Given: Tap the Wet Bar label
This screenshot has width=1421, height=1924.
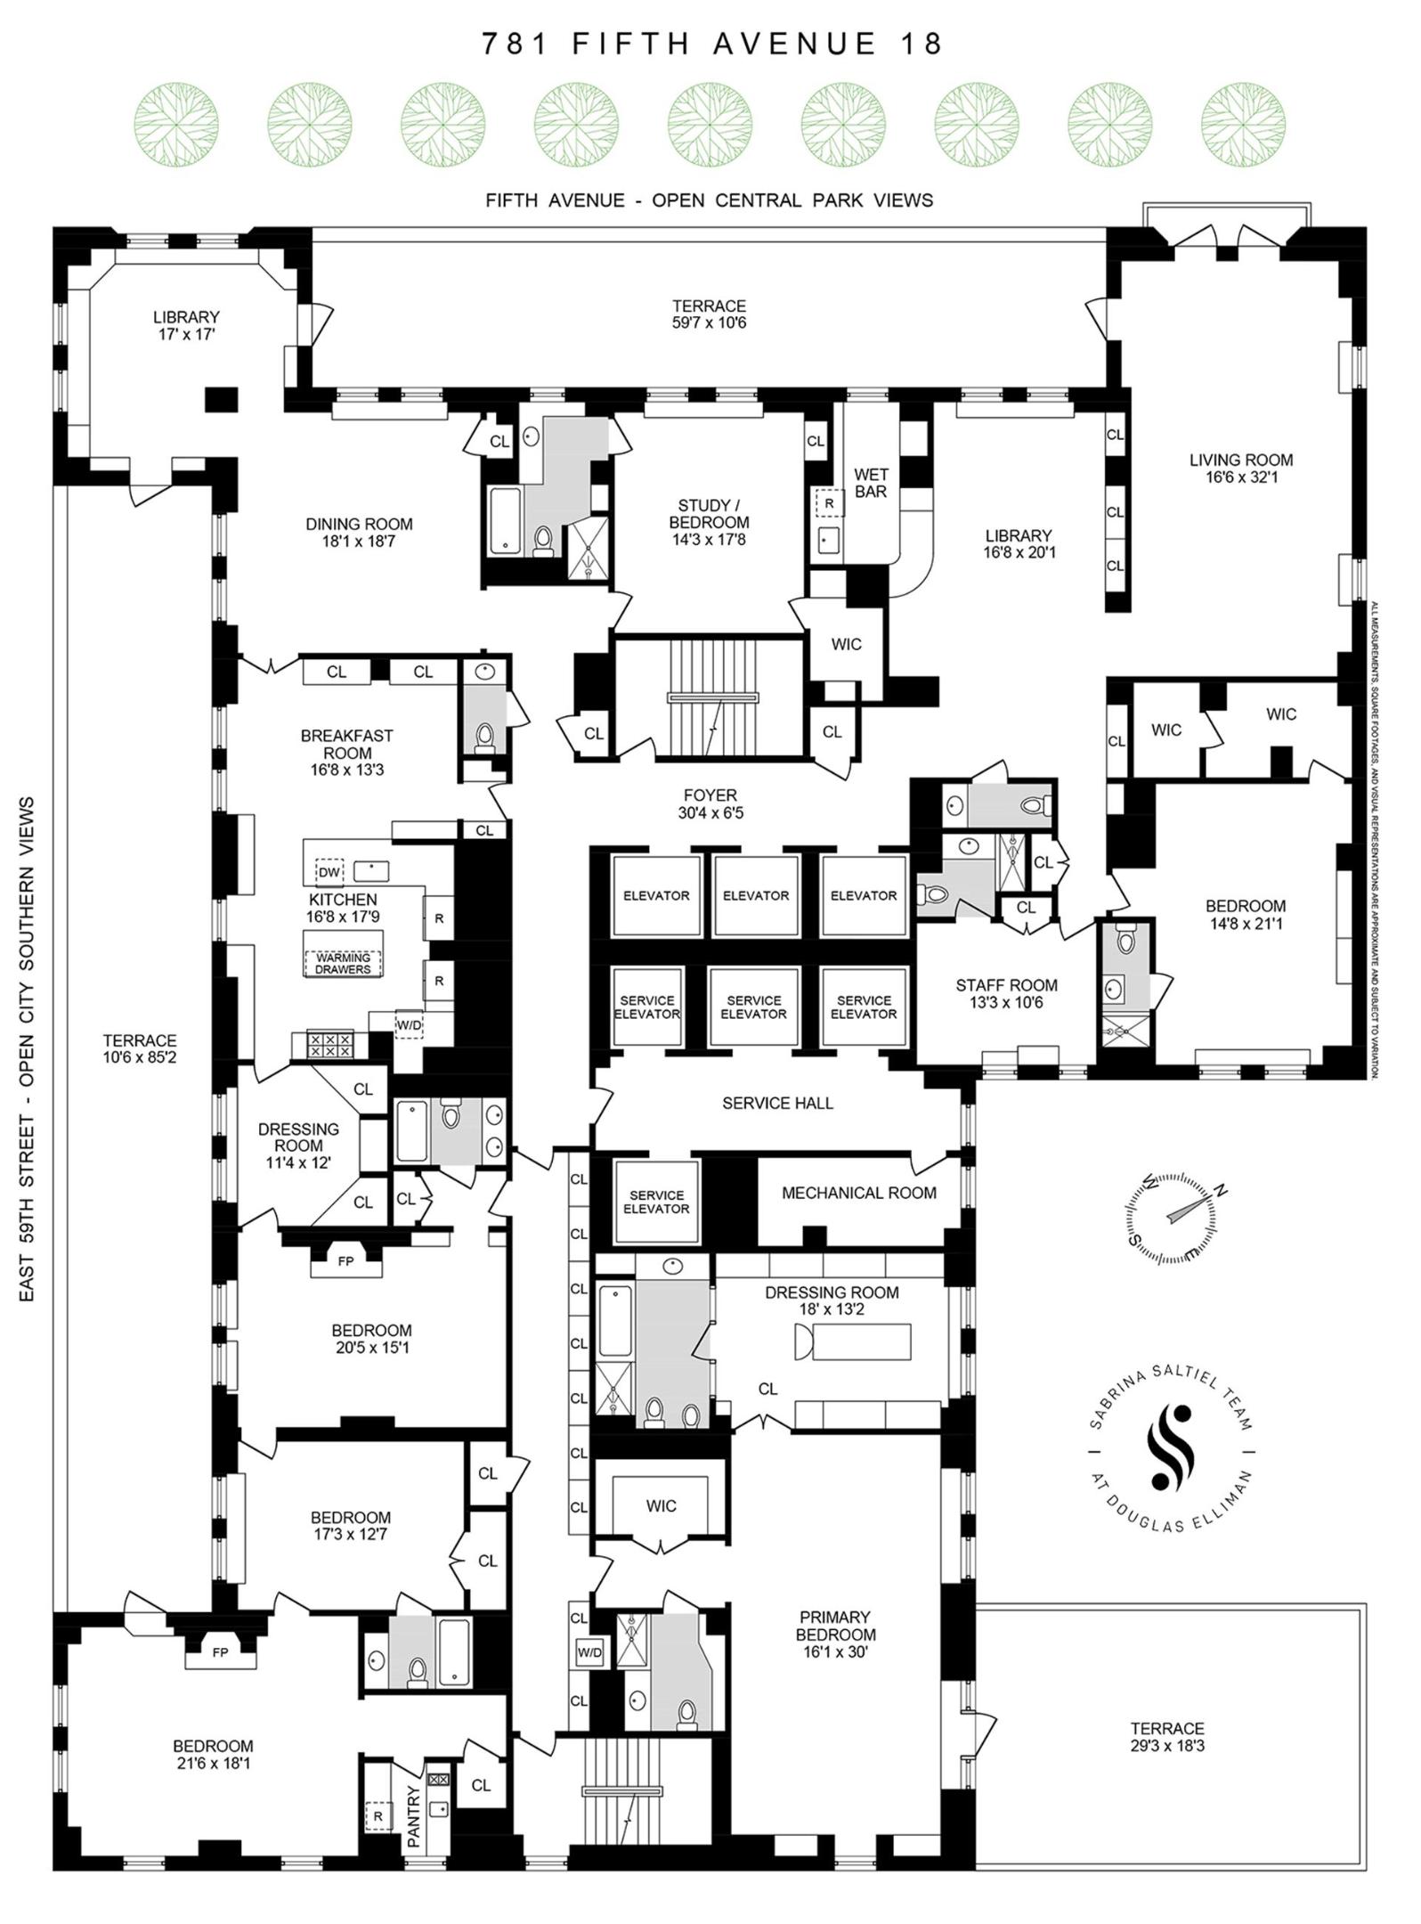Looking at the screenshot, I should (x=870, y=483).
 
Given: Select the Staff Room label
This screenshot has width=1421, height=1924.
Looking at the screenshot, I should (x=1006, y=993).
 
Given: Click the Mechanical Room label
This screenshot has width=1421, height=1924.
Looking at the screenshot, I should (x=858, y=1193).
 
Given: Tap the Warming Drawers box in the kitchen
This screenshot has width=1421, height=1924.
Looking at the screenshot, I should (x=343, y=963).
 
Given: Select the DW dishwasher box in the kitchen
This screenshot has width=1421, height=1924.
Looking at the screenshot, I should (x=329, y=872).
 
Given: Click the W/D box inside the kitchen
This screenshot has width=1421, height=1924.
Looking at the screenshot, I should (x=409, y=1025).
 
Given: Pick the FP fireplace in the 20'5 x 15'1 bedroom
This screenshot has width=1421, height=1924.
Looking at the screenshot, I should (x=346, y=1261).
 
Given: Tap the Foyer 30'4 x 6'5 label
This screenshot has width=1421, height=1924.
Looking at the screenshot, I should (x=710, y=803).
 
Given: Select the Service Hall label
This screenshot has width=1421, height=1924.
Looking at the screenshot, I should (x=777, y=1103).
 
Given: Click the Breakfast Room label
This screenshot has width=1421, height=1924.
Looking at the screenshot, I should (x=346, y=753).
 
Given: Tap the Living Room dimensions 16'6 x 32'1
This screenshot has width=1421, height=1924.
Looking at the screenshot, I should (x=1240, y=477).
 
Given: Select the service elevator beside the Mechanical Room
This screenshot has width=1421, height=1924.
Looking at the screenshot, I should (x=656, y=1202).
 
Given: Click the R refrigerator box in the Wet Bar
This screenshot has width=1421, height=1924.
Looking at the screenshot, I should (x=829, y=503).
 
